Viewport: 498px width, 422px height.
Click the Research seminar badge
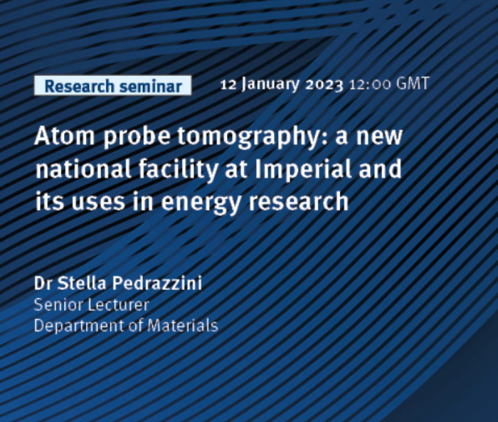click(113, 85)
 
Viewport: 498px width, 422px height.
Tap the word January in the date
click(270, 84)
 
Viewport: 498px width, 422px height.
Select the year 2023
click(324, 85)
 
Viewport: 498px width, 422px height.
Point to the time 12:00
click(370, 85)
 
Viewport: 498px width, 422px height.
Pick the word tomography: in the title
click(252, 137)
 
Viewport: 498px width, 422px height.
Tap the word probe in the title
click(136, 137)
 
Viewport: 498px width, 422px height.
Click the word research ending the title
click(298, 201)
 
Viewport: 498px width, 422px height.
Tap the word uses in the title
click(98, 202)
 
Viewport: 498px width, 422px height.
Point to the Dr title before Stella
click(43, 283)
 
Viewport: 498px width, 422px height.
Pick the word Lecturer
click(118, 305)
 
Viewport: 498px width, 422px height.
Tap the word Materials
click(183, 325)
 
